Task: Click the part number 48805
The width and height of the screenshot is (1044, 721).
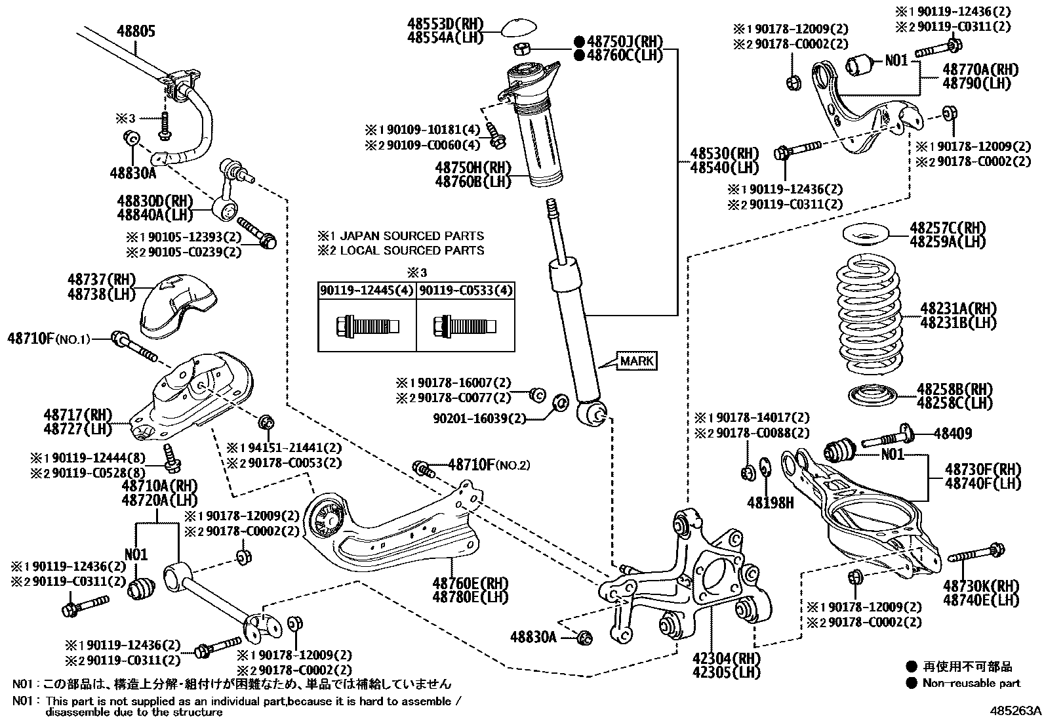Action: tap(136, 30)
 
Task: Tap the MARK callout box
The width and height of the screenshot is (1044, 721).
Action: tap(637, 361)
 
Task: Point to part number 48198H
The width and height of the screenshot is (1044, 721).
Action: tap(770, 503)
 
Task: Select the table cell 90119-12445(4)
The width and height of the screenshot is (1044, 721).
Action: tap(366, 291)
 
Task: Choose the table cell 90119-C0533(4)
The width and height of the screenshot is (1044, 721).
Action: tap(466, 291)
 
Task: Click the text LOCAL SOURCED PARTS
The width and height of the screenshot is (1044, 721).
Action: tap(412, 251)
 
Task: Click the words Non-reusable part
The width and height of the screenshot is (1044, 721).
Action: tap(971, 683)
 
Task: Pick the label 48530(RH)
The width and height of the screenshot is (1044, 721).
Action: tap(715, 154)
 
